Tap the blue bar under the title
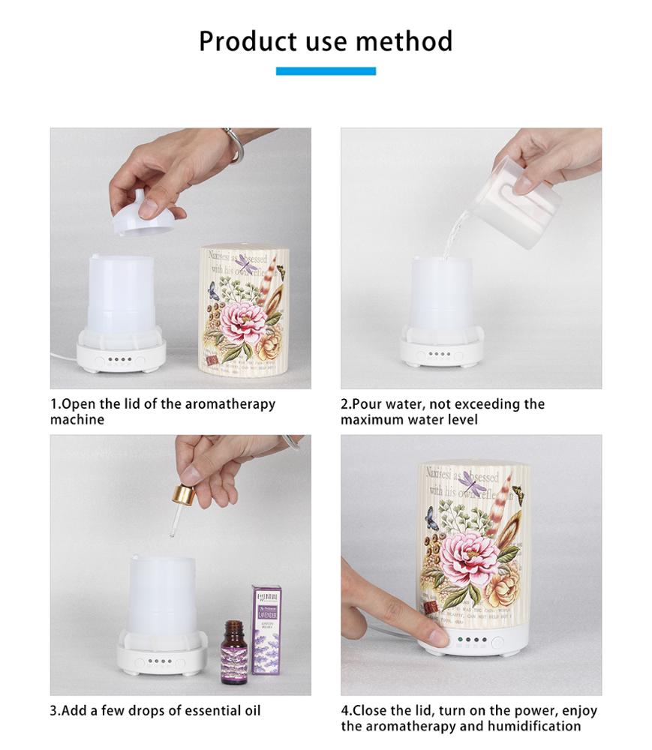coord(326,71)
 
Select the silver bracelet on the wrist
coord(234,144)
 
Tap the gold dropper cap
coord(183,496)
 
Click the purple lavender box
coord(266,630)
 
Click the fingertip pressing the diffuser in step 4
coord(439,637)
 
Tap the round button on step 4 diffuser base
coord(497,642)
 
